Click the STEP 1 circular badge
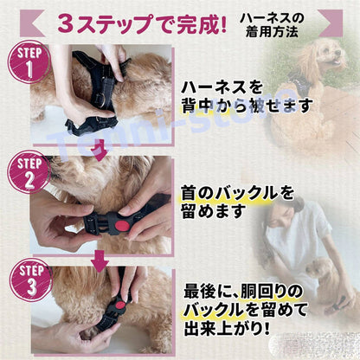pyautogui.click(x=29, y=62)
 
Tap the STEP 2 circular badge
pyautogui.click(x=29, y=172)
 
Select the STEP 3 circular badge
pyautogui.click(x=30, y=280)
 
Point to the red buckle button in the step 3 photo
pyautogui.click(x=119, y=307)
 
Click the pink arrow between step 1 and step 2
pyautogui.click(x=100, y=151)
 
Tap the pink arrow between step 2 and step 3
pyautogui.click(x=100, y=261)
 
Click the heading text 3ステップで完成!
pyautogui.click(x=142, y=23)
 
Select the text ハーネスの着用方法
pyautogui.click(x=272, y=25)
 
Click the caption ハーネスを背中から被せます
pyautogui.click(x=247, y=97)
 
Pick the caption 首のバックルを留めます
pyautogui.click(x=237, y=202)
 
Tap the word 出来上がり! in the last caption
pyautogui.click(x=228, y=329)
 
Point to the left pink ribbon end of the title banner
pyautogui.click(x=32, y=23)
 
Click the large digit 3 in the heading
pyautogui.click(x=67, y=24)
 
